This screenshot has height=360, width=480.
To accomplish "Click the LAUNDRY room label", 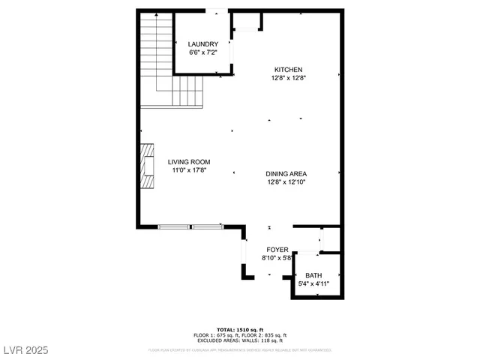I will coord(202,44).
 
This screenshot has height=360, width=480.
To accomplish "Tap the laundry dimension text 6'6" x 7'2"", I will coord(202,53).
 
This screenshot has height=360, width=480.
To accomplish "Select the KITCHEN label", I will coord(288,68).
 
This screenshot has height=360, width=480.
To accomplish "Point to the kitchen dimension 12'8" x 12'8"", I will coord(288,77).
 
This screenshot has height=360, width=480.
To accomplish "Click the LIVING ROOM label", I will coord(188,162).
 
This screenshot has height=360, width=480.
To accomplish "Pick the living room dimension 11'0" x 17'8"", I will coord(188,170).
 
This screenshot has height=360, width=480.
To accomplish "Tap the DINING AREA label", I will coord(286,173).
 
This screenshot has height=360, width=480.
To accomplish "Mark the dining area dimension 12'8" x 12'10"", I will coord(286,181).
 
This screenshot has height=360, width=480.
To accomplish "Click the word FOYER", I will coord(277,249).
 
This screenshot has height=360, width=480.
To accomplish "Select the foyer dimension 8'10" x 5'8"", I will coord(277,258).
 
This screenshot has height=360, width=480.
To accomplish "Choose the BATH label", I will coord(313,275).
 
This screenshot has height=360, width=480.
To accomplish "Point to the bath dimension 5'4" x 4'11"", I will coord(313,284).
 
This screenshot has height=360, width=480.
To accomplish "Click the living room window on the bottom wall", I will coord(190,225).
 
